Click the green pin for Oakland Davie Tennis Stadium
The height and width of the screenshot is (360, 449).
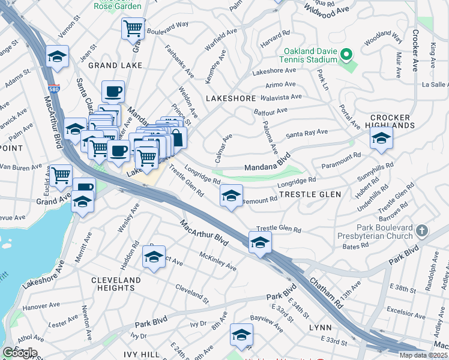346,56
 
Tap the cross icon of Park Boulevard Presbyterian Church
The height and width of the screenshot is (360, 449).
422,230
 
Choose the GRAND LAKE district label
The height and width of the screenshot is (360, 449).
115,65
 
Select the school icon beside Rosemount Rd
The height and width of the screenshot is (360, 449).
231,196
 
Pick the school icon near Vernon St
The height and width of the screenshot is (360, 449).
58,57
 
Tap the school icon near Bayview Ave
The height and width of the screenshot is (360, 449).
241,335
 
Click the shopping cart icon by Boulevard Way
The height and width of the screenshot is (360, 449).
133,28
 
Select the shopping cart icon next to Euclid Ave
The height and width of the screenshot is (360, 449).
61,176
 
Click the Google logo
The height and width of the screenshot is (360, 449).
19,353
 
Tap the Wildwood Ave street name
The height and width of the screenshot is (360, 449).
327,11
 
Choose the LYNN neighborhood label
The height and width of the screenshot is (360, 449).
320,328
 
